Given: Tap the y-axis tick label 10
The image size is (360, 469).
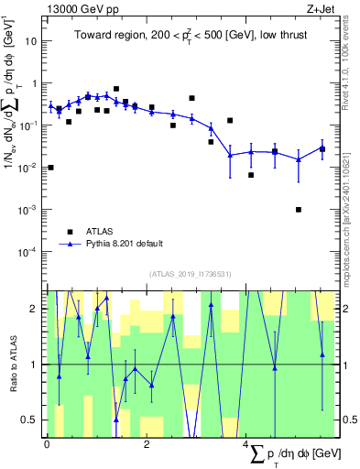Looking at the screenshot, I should [x=32, y=41].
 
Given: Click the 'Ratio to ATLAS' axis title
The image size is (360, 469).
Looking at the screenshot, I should [x=12, y=364].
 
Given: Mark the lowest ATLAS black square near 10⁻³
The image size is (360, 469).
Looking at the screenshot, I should [x=299, y=210].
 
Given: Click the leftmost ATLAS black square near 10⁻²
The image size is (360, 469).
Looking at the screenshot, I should [x=50, y=168].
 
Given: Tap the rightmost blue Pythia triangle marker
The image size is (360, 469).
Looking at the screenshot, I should [x=322, y=148].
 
